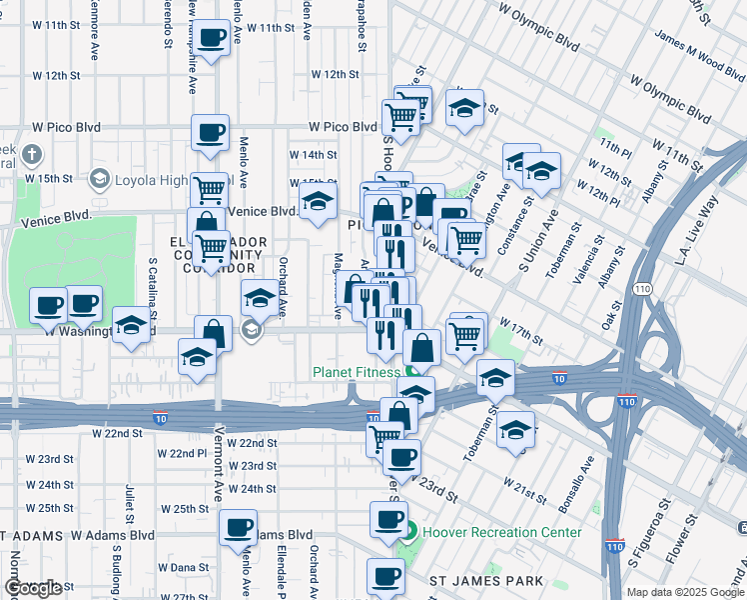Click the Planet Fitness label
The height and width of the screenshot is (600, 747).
357,372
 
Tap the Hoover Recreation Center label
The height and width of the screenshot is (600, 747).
502,532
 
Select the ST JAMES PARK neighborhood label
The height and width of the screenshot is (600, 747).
486,581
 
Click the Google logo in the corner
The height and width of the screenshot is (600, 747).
33,588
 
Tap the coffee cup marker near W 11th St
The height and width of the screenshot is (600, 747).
210,39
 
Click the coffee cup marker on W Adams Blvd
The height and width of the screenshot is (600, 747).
238,528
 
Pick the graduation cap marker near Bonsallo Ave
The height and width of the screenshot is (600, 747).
515,430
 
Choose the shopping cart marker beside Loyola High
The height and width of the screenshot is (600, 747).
210,188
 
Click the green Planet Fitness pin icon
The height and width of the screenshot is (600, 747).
412,372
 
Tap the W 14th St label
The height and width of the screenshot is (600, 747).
314,155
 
